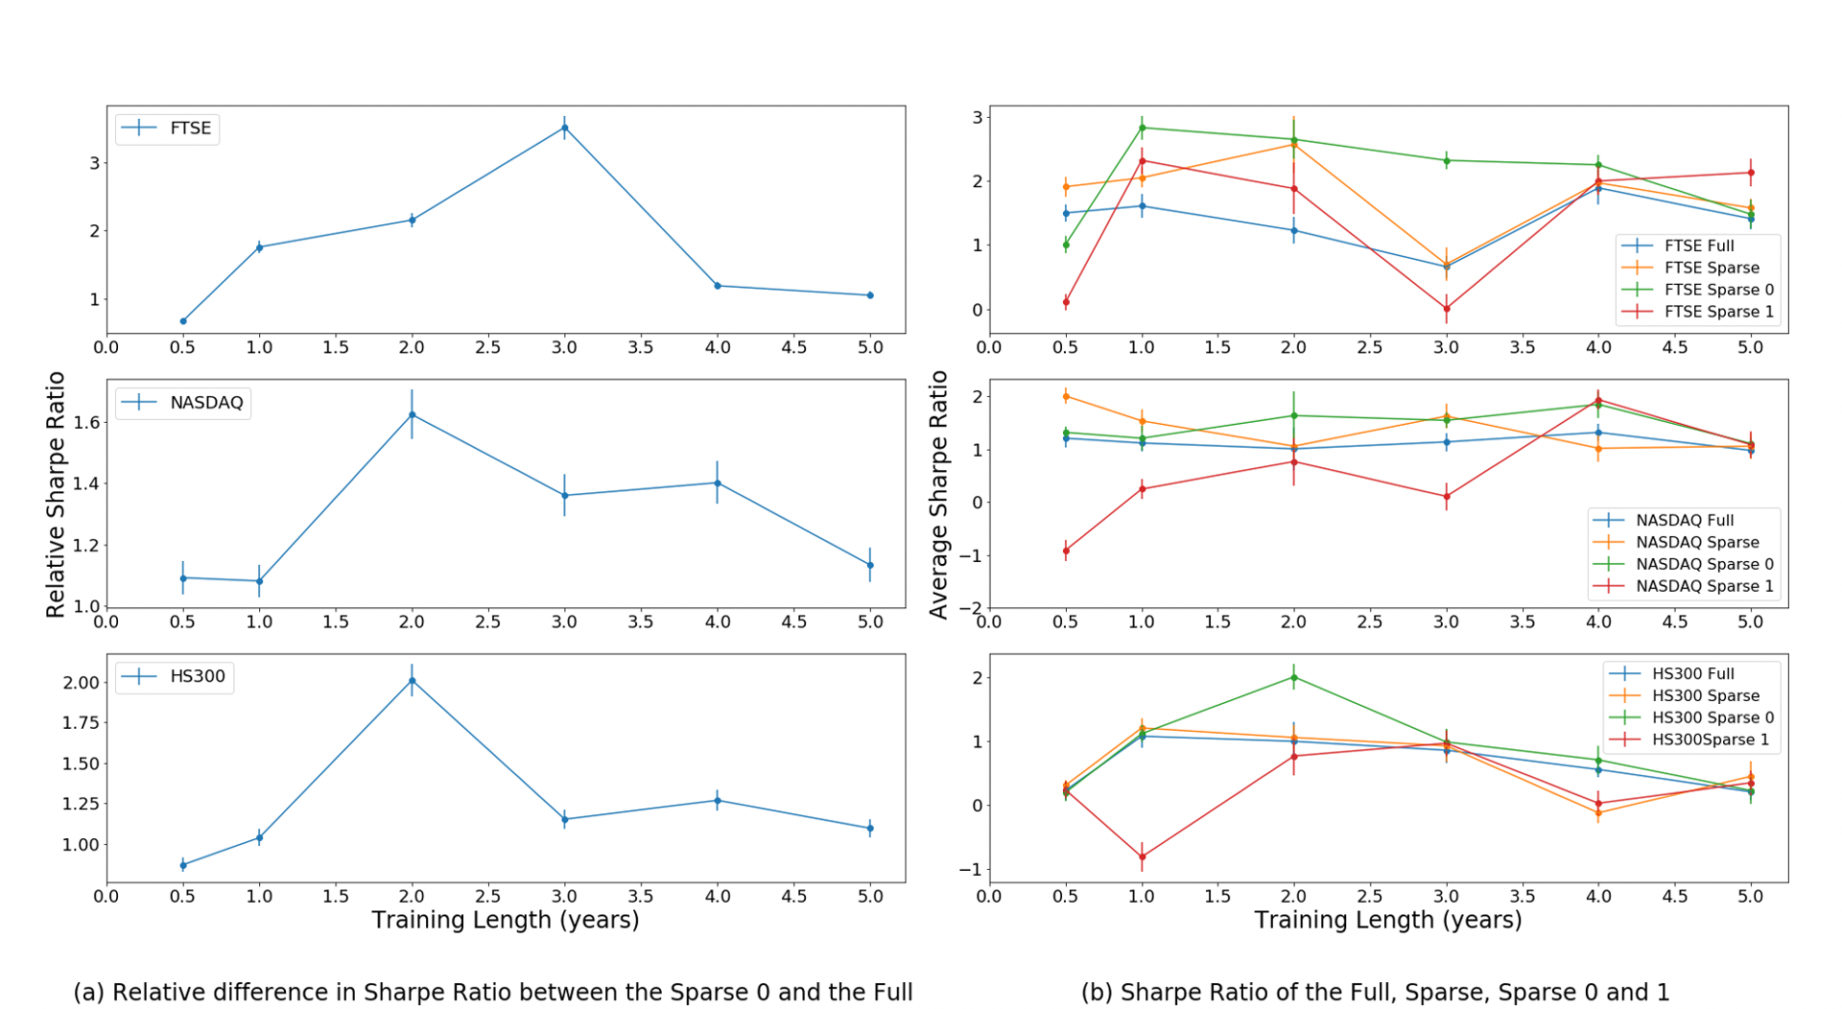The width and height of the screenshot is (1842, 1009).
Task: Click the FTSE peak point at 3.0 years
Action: [x=564, y=128]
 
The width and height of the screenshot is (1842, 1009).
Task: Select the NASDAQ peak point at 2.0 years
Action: [x=412, y=414]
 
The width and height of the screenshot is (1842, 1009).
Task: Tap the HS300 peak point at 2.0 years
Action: [x=412, y=680]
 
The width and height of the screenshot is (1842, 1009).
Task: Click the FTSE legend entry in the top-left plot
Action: [x=168, y=129]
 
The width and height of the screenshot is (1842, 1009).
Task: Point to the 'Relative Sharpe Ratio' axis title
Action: [x=56, y=494]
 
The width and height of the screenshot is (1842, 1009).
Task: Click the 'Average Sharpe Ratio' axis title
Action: [x=938, y=494]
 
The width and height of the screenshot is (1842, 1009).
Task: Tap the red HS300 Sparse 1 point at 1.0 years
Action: [x=1142, y=856]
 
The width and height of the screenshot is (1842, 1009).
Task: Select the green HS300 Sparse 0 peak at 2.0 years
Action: [x=1293, y=677]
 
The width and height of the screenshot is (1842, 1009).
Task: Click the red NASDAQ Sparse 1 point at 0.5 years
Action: [x=1066, y=551]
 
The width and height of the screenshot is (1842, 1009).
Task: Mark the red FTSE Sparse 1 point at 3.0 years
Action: [x=1446, y=309]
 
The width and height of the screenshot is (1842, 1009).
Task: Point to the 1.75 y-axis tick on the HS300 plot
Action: [x=80, y=723]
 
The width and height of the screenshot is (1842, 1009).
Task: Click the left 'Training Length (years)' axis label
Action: [x=506, y=920]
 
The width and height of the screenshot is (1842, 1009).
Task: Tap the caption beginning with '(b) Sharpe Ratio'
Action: [x=1375, y=992]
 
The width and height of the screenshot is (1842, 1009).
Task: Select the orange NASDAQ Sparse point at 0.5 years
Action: [x=1066, y=396]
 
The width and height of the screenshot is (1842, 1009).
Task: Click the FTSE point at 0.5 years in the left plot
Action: [x=183, y=320]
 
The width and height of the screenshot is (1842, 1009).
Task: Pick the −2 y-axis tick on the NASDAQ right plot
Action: [x=971, y=607]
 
